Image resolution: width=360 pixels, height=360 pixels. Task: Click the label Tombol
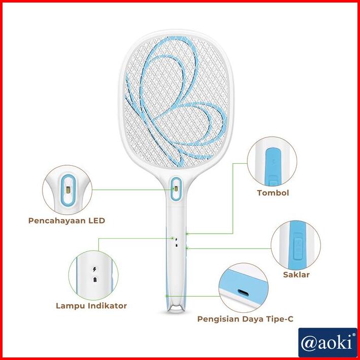click(273, 193)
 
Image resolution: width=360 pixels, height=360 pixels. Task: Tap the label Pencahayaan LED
click(67, 221)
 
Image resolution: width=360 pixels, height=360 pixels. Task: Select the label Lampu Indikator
click(91, 306)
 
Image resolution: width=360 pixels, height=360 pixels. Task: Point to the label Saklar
click(296, 275)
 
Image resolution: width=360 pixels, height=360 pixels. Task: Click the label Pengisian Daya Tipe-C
click(245, 319)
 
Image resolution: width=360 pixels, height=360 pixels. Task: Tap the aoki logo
click(327, 343)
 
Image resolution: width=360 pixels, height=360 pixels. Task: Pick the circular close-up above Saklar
click(296, 245)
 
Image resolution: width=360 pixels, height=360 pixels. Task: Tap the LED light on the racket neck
click(175, 188)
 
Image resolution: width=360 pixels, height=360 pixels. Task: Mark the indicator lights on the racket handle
click(175, 240)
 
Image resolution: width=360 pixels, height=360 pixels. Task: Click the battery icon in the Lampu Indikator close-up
click(95, 279)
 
